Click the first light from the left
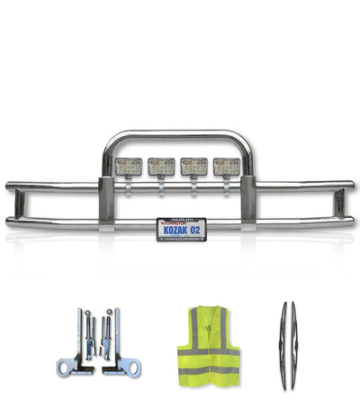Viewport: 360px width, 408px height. pos(130,167)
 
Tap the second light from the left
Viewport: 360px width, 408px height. pos(162,167)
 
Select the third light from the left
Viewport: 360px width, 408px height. pos(194,167)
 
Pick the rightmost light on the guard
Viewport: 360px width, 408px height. pos(226,167)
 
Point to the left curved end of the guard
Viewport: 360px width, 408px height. pos(10,204)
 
